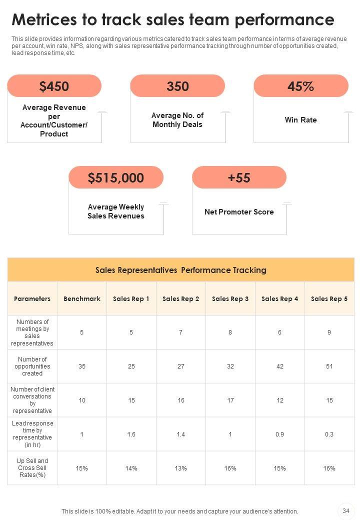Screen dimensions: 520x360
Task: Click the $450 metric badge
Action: pyautogui.click(x=54, y=86)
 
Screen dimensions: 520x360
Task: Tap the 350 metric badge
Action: pyautogui.click(x=177, y=86)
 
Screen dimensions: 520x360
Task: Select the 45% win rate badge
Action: pyautogui.click(x=301, y=86)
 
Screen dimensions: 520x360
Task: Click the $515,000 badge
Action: pyautogui.click(x=116, y=177)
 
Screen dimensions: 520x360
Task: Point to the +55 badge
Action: pyautogui.click(x=239, y=177)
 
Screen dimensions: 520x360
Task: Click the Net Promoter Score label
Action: pyautogui.click(x=239, y=212)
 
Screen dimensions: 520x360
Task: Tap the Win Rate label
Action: pyautogui.click(x=301, y=120)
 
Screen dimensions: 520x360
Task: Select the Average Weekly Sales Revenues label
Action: pyautogui.click(x=116, y=211)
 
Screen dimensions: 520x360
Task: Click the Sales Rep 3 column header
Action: pyautogui.click(x=230, y=298)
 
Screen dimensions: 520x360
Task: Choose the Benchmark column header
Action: pyautogui.click(x=82, y=298)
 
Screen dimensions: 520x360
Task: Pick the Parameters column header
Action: pyautogui.click(x=32, y=298)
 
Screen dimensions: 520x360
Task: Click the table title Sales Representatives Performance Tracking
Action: pyautogui.click(x=181, y=270)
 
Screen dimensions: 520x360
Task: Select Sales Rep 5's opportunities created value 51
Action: pyautogui.click(x=329, y=366)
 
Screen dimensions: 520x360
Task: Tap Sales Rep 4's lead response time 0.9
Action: pyautogui.click(x=279, y=434)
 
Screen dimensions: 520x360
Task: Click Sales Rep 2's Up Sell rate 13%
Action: pyautogui.click(x=180, y=468)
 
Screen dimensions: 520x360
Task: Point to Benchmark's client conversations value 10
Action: pyautogui.click(x=82, y=400)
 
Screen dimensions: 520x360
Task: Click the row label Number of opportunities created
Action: pyautogui.click(x=32, y=366)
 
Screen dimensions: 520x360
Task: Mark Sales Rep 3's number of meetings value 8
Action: pyautogui.click(x=230, y=332)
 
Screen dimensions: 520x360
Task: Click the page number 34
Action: pyautogui.click(x=345, y=510)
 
